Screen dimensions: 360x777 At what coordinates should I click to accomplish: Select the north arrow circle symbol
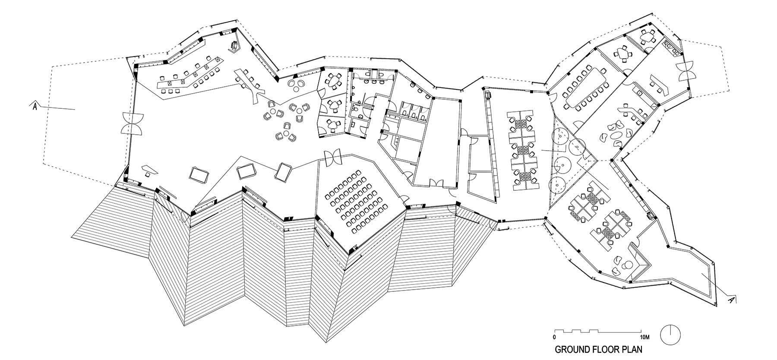point(673,334)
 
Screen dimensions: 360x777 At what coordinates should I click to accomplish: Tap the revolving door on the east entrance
point(683,71)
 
